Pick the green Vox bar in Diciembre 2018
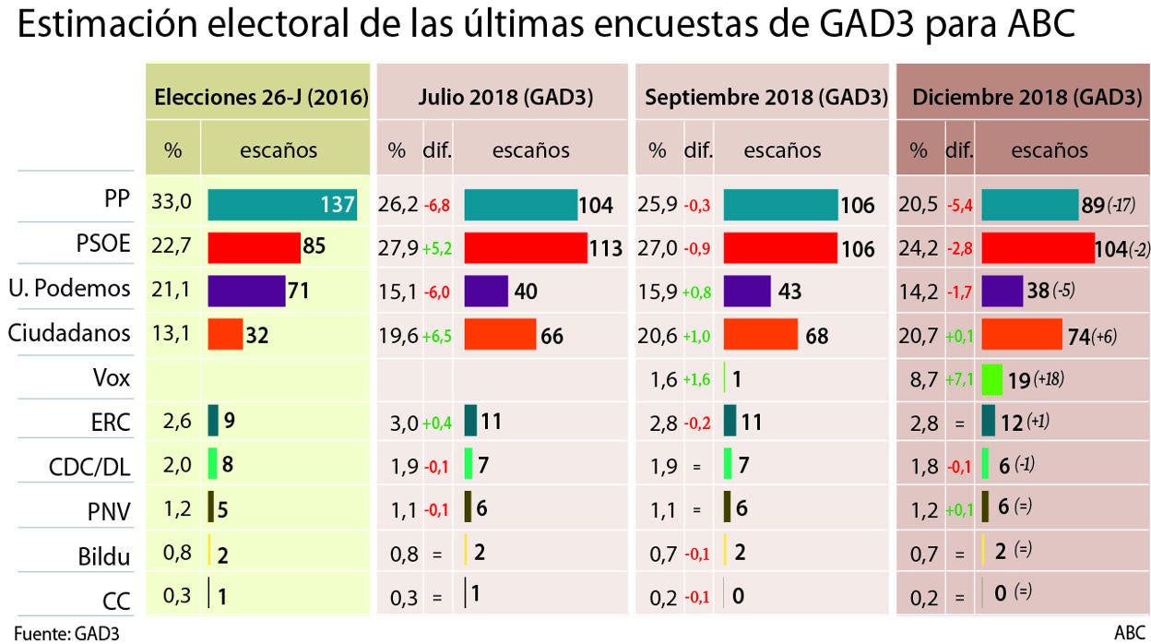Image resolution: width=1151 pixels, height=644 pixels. pos(992,378)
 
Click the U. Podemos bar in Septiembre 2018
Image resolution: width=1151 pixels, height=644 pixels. pos(747,292)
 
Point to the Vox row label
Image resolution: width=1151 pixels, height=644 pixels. pos(111,379)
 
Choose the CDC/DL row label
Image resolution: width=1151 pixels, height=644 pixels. pos(89,468)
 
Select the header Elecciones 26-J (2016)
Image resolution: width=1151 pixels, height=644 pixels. pos(261,98)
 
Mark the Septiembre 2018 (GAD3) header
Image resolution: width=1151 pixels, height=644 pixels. pos(766,98)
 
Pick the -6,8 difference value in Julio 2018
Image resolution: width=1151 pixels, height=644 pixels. pos(437,206)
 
